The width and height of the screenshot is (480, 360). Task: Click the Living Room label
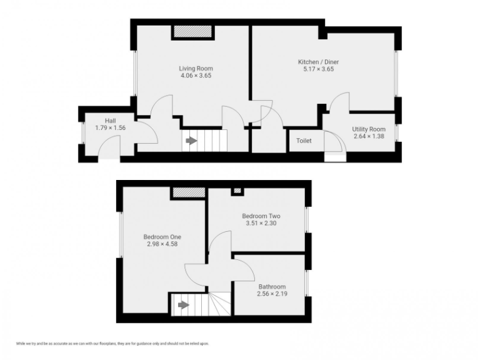(x=196, y=68)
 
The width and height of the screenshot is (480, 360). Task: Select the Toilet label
(x=304, y=141)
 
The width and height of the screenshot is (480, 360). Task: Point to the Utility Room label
(x=369, y=129)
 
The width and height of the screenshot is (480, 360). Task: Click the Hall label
(x=110, y=120)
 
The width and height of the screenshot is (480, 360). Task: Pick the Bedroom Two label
(x=261, y=216)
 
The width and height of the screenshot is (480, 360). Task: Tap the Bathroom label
(x=271, y=286)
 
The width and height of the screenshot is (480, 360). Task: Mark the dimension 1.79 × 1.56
(x=110, y=127)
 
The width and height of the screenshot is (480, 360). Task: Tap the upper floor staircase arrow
(x=182, y=305)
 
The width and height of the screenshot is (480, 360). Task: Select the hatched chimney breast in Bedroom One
(x=189, y=193)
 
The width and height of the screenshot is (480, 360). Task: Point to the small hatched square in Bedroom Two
(x=237, y=191)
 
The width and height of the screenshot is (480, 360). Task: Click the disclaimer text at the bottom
(x=112, y=344)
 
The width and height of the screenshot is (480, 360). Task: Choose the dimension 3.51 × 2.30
(x=261, y=223)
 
